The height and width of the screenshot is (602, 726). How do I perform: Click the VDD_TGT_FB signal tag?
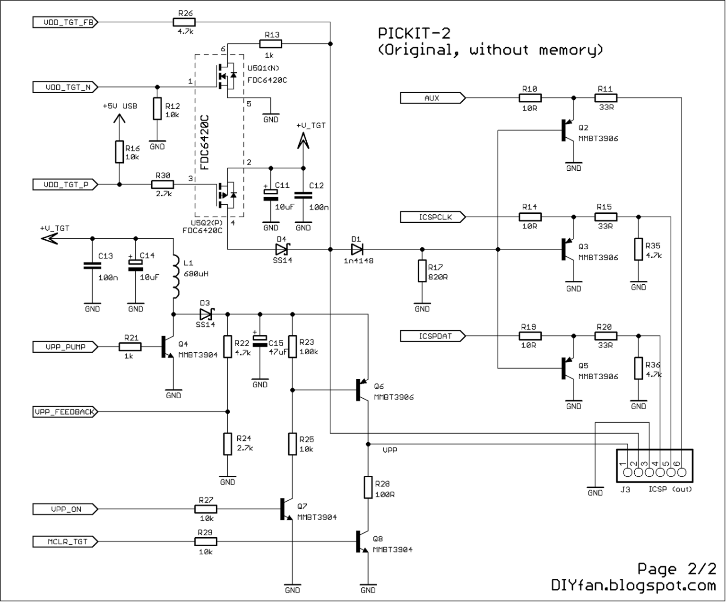[x=65, y=22]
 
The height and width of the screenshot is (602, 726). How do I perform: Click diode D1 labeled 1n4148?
[x=357, y=249]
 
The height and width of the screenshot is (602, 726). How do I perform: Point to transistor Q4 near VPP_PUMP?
[x=167, y=347]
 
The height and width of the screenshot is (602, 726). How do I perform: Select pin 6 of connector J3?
[x=682, y=471]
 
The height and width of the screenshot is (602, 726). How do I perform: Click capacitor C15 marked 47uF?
[x=259, y=342]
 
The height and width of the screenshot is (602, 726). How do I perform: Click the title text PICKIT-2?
[x=414, y=34]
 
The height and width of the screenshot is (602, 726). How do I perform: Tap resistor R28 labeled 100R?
[x=368, y=488]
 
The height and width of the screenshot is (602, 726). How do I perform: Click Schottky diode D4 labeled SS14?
[x=283, y=249]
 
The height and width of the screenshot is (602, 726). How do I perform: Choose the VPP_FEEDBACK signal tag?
[x=65, y=412]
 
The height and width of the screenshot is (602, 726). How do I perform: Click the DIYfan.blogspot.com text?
[x=633, y=585]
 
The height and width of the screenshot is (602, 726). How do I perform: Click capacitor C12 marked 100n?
[x=303, y=195]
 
